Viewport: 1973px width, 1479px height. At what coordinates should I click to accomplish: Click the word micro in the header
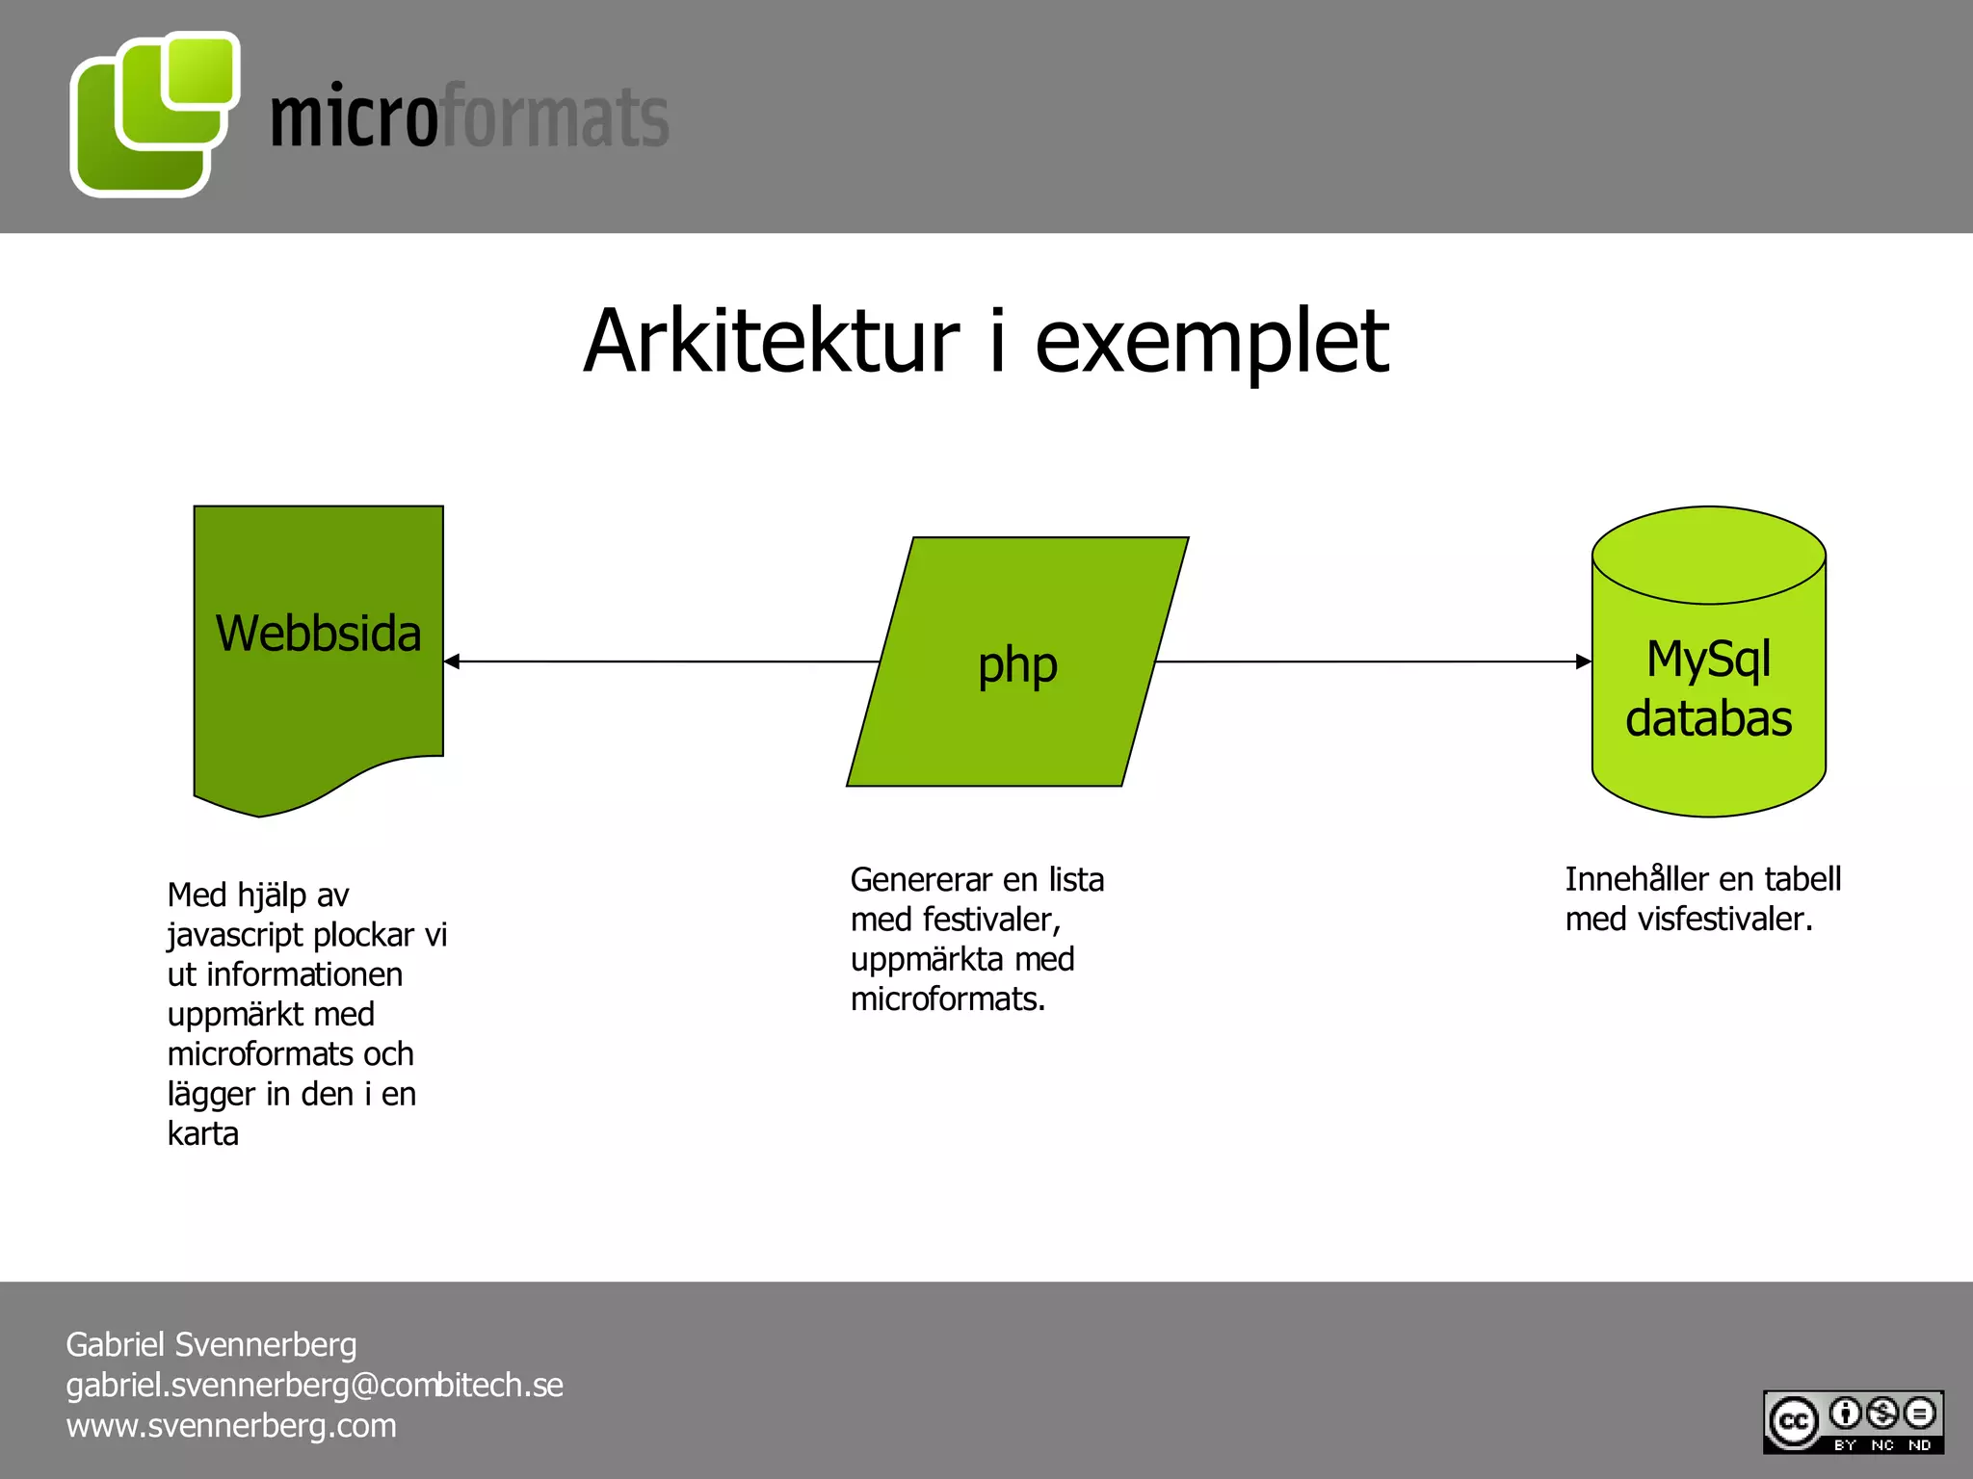[354, 117]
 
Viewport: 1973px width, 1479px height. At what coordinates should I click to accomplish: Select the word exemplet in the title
[1211, 343]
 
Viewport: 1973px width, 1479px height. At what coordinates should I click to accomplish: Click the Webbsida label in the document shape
[318, 634]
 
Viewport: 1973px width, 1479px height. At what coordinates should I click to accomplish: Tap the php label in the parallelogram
[1017, 664]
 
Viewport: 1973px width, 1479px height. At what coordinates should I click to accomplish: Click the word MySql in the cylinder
[1708, 660]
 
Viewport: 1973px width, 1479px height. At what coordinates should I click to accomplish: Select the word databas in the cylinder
[1708, 718]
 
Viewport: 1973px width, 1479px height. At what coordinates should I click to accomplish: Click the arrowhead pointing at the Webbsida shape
[452, 662]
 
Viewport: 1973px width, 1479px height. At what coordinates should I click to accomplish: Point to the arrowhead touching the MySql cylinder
[1583, 662]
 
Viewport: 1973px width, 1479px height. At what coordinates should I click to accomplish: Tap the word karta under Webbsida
[202, 1133]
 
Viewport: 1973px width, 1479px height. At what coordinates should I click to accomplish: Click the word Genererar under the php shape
[921, 879]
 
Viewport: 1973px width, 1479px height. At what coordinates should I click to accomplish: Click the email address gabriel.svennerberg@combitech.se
[314, 1385]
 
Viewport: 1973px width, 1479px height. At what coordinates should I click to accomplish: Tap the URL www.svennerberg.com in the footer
[231, 1425]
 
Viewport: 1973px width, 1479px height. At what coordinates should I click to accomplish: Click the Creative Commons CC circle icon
[1793, 1421]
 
